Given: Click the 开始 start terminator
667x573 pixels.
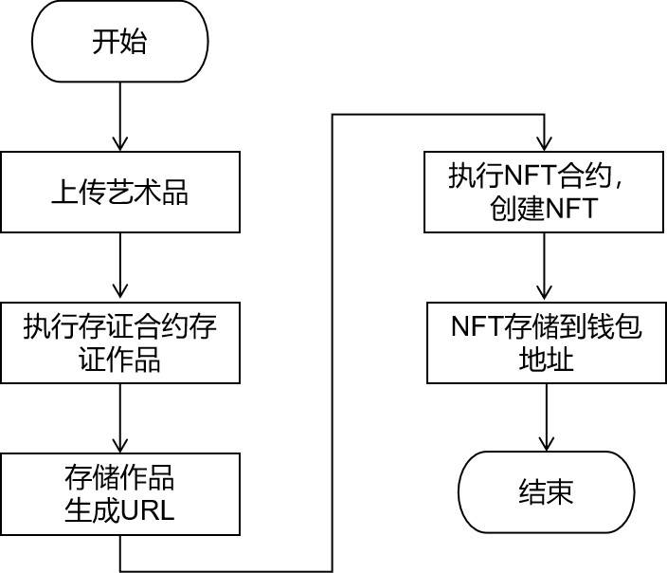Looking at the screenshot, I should (119, 42).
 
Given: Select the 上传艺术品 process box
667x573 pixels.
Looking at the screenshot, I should (119, 193).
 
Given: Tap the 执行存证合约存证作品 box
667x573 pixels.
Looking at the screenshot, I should (119, 342).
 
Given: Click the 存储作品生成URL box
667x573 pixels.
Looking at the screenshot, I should (119, 493).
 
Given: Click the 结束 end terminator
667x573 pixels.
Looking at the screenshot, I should (546, 492).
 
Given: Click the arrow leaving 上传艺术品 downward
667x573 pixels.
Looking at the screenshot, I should (119, 268).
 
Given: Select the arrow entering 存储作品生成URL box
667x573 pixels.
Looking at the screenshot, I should (119, 418).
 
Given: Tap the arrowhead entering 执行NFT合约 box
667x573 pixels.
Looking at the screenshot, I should (543, 141).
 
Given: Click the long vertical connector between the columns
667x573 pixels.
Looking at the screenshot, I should (333, 342).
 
